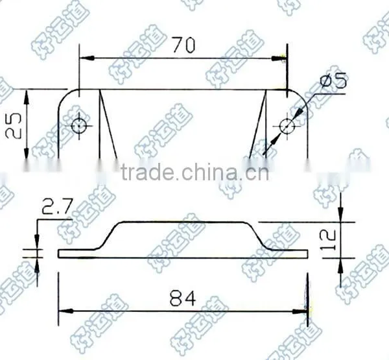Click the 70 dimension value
tap(184, 45)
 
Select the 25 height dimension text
tap(14, 126)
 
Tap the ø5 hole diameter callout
tap(333, 80)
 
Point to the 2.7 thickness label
tap(57, 206)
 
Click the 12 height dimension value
tap(329, 239)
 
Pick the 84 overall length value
tap(183, 298)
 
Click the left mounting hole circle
tap(79, 126)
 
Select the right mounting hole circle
tap(287, 126)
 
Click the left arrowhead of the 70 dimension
tap(87, 58)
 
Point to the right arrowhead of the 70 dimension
tap(279, 58)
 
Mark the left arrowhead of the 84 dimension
tap(66, 311)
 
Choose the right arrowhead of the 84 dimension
tap(300, 311)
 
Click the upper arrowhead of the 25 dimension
tap(27, 97)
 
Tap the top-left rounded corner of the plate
tap(65, 95)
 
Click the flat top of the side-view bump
tap(183, 222)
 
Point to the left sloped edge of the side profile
tap(109, 235)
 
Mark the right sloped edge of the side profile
tap(258, 235)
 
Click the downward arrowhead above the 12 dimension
tap(341, 213)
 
